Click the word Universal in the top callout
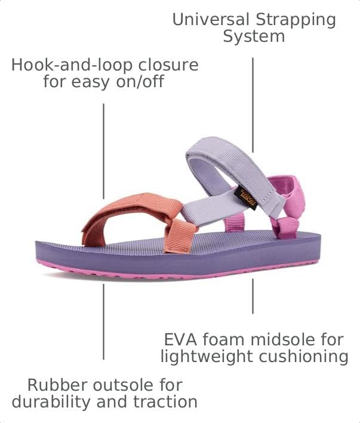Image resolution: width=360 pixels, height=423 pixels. (x=211, y=20)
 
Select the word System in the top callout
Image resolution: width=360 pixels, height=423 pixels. (x=254, y=37)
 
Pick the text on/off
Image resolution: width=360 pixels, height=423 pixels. (x=140, y=81)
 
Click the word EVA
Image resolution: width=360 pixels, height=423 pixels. (x=181, y=339)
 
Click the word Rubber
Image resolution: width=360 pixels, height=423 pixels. (x=57, y=385)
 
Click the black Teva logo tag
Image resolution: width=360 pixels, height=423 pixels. (x=246, y=198)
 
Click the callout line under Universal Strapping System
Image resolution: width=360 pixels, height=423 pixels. (x=253, y=105)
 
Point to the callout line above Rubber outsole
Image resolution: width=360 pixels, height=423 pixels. (x=103, y=321)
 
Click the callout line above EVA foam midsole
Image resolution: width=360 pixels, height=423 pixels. (x=253, y=296)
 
